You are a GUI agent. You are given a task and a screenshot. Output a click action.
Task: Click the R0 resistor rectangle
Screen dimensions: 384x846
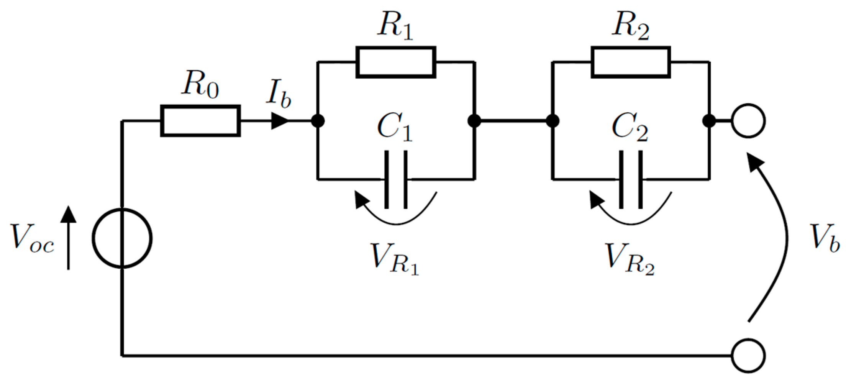200,121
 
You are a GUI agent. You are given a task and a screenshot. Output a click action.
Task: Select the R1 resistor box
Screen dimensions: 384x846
396,62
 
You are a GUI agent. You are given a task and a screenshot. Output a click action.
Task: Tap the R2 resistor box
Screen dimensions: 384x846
631,62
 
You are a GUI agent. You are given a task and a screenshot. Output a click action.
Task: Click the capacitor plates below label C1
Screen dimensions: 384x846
396,179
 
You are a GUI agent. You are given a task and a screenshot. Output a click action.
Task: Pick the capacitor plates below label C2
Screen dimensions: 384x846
631,179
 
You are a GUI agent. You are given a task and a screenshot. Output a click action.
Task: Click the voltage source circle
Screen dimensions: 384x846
122,238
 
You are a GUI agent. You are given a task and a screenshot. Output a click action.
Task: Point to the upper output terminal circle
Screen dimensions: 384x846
748,121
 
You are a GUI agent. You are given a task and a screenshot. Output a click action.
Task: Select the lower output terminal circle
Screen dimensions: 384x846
748,356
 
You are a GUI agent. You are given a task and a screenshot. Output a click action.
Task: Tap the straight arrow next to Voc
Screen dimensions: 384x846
69,238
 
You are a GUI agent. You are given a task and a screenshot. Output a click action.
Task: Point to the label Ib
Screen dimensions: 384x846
278,94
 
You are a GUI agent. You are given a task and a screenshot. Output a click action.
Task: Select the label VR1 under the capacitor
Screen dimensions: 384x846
395,259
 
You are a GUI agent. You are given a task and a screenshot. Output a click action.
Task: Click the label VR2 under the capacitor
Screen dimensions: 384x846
630,259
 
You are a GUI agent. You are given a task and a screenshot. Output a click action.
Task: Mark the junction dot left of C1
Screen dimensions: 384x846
318,121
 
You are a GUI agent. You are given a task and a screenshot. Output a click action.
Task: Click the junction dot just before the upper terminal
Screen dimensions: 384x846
709,121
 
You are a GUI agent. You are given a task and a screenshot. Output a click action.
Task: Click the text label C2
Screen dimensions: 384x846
630,127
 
